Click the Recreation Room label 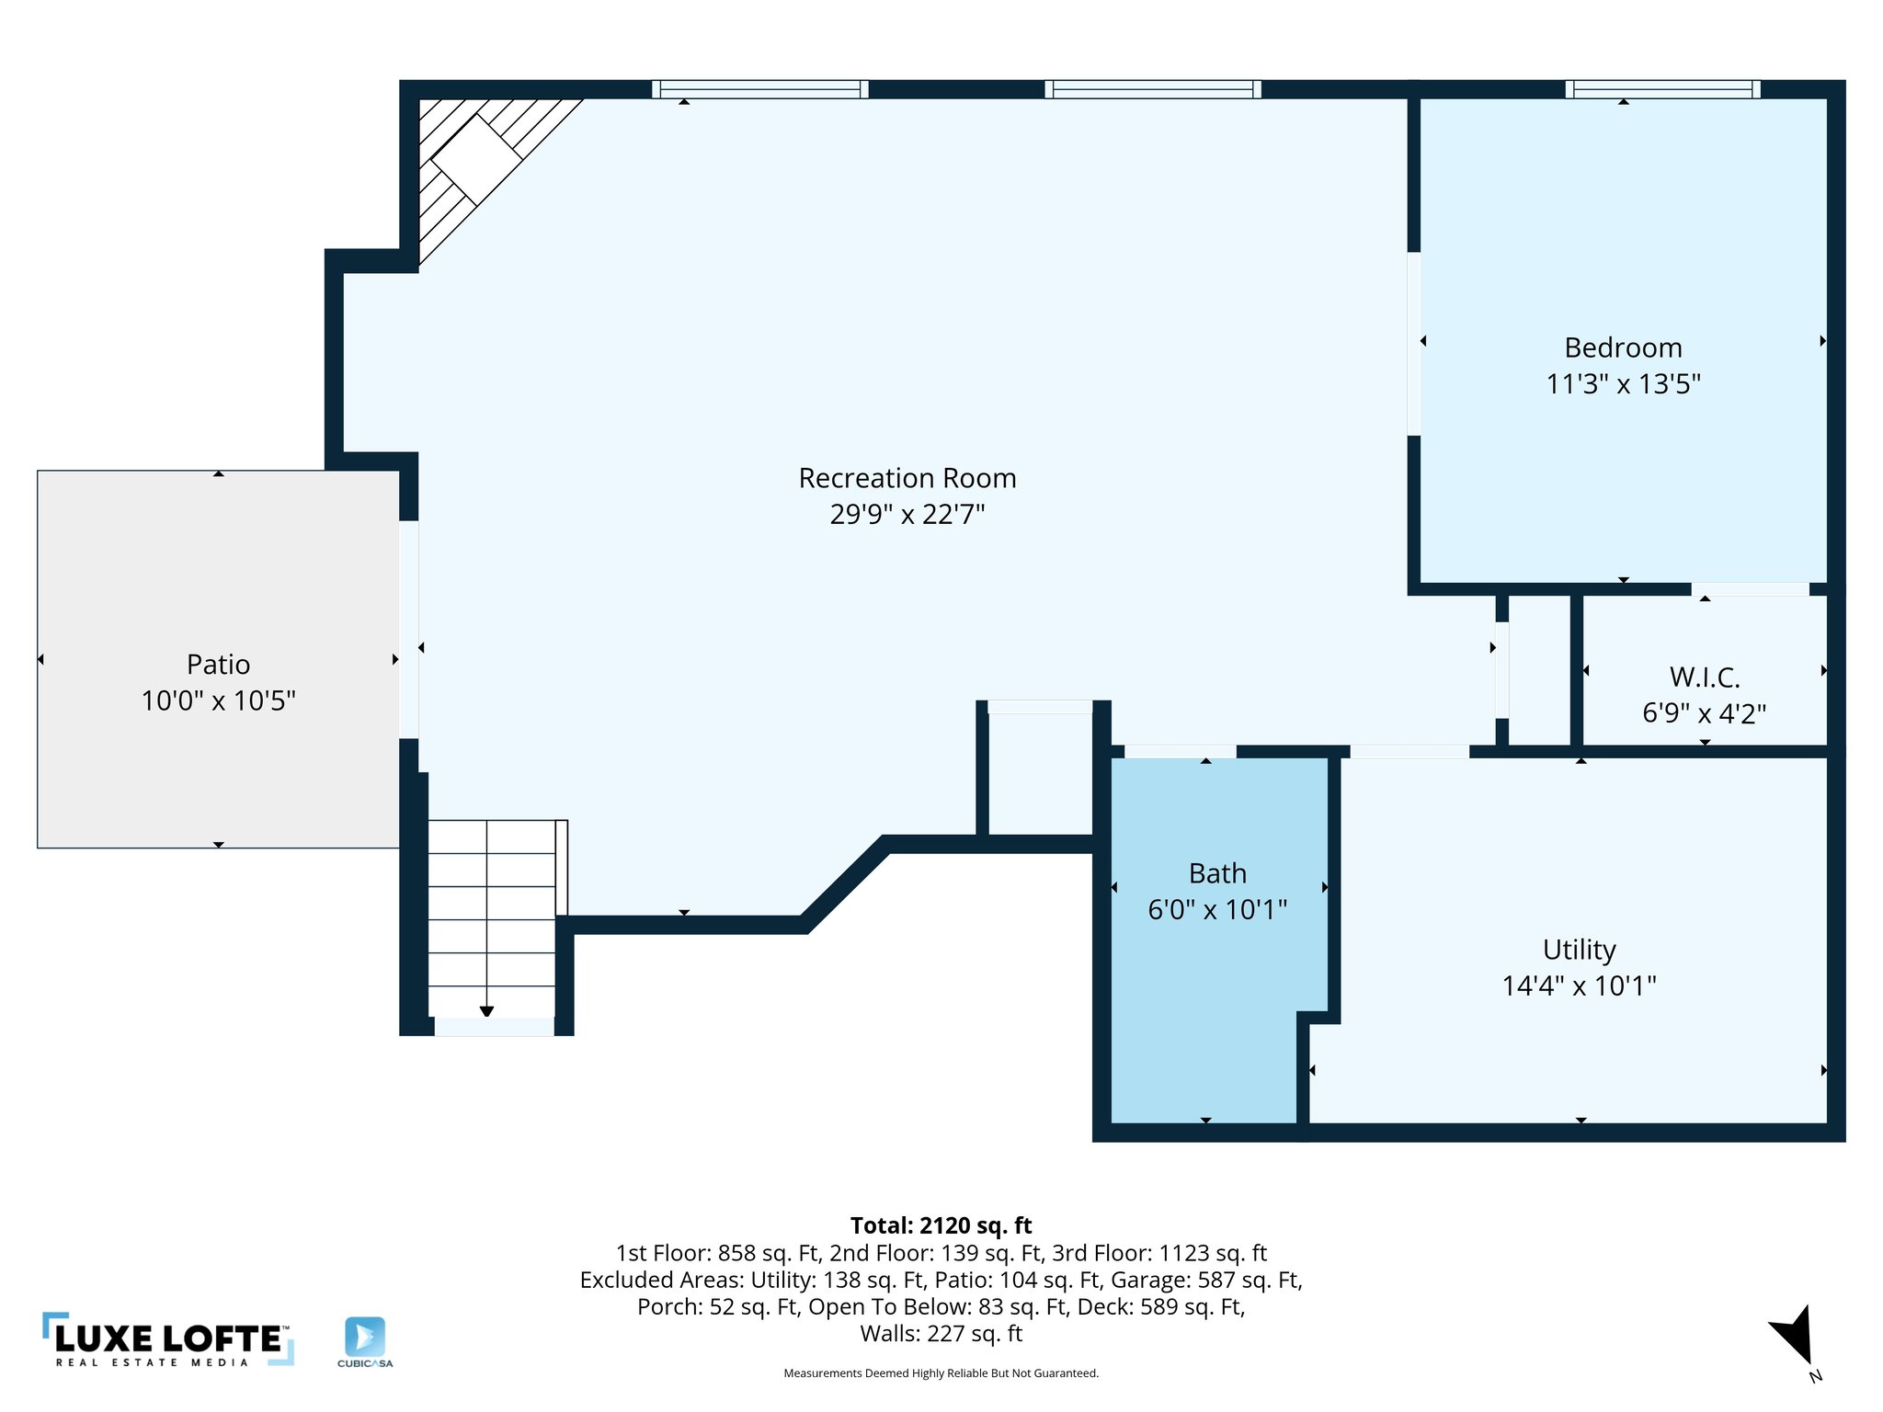click(x=907, y=478)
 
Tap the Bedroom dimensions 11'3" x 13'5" click(x=1623, y=383)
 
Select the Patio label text click(x=218, y=664)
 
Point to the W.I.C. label click(x=1704, y=678)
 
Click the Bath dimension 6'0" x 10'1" click(x=1216, y=909)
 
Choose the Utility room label click(x=1579, y=949)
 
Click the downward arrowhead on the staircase click(x=486, y=1011)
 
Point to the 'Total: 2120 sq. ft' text click(x=941, y=1225)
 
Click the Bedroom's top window click(x=1662, y=89)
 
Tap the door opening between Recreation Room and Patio click(x=409, y=630)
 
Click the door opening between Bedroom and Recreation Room click(x=1414, y=344)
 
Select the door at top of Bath click(x=1180, y=752)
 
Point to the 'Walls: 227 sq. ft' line click(x=941, y=1333)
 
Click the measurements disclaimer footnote click(x=941, y=1373)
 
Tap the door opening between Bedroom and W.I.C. click(x=1750, y=589)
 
